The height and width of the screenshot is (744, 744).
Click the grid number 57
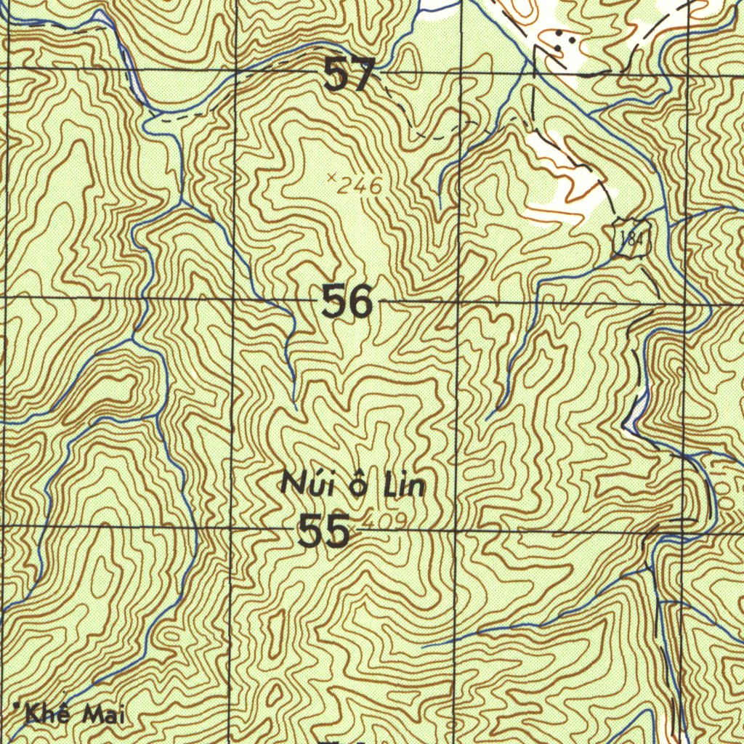349,75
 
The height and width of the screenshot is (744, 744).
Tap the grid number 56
347,302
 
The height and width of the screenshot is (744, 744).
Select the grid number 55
324,533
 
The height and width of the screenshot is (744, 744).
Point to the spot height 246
360,186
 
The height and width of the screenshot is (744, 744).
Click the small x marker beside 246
332,177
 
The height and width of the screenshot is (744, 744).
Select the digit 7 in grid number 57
363,75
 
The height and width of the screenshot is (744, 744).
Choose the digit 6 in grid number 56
360,302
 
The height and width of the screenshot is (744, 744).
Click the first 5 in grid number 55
311,533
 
